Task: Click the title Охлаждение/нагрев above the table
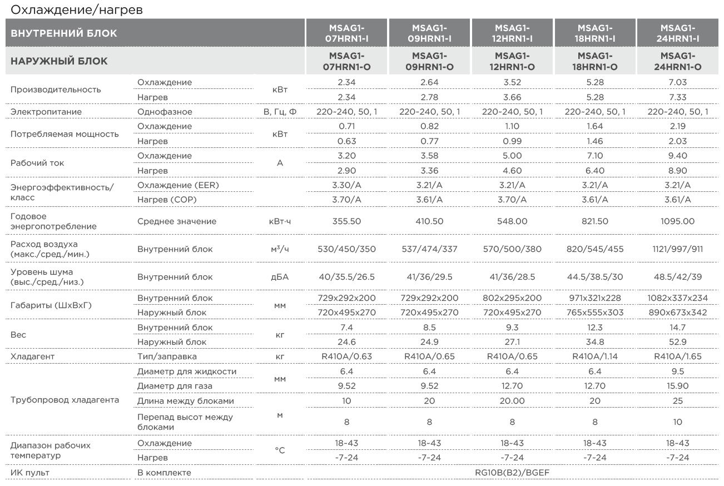(77, 9)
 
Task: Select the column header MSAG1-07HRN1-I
(346, 33)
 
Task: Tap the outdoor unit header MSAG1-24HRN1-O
(677, 61)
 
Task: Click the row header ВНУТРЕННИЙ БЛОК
(64, 33)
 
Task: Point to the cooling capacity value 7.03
(677, 82)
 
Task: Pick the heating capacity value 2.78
(429, 97)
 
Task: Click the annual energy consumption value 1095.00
(677, 221)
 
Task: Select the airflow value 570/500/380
(512, 249)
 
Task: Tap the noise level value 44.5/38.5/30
(595, 276)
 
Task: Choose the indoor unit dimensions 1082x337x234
(677, 297)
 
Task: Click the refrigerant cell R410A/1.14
(595, 356)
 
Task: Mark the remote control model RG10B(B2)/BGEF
(512, 473)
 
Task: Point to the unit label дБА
(280, 276)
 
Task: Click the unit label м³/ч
(280, 249)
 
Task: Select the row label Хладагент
(32, 356)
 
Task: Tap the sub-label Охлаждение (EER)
(178, 185)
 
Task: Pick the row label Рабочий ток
(37, 163)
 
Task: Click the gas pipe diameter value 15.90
(677, 385)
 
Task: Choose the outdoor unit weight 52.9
(677, 341)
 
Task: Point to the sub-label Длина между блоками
(186, 401)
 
